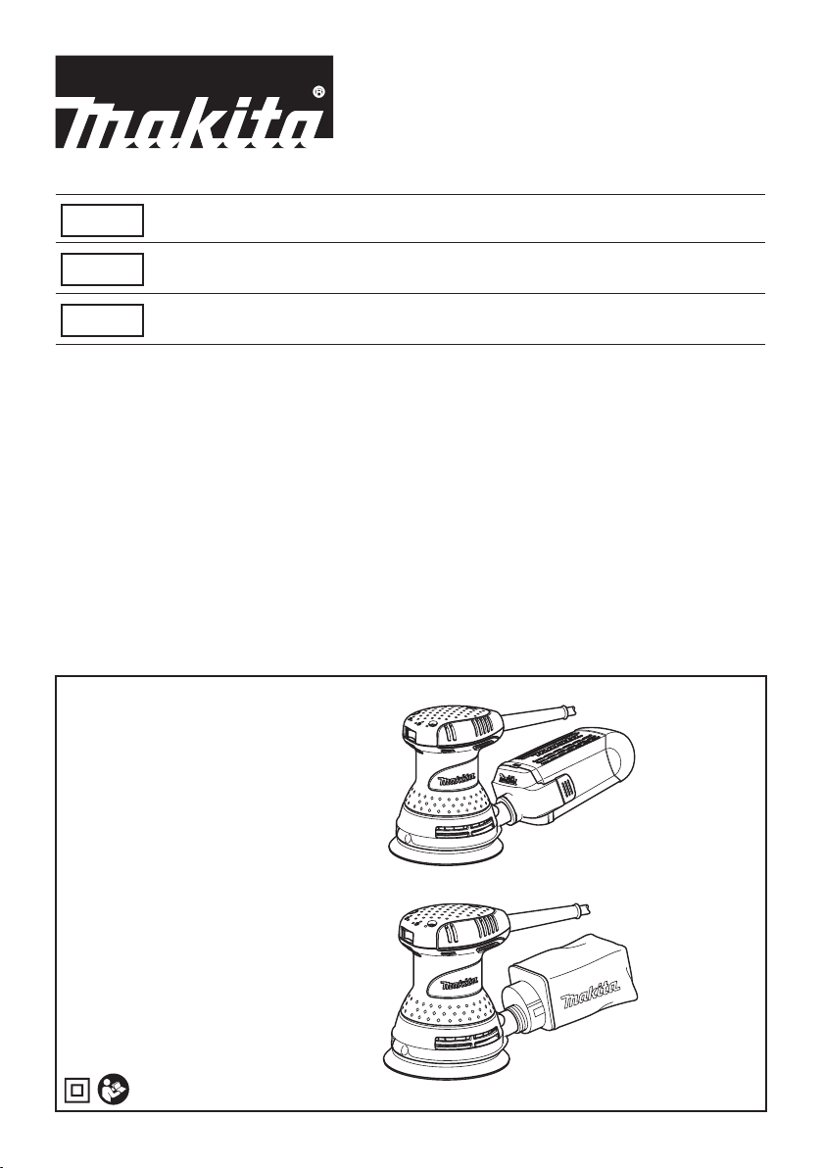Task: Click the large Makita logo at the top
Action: [194, 101]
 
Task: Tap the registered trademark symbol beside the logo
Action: [318, 92]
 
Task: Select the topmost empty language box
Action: [102, 220]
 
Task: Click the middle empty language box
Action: [102, 269]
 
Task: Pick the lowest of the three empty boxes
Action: [102, 320]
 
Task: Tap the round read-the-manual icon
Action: [114, 1091]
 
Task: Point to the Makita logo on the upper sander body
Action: [457, 781]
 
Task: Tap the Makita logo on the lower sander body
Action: [457, 985]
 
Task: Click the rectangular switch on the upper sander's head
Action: [409, 733]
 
